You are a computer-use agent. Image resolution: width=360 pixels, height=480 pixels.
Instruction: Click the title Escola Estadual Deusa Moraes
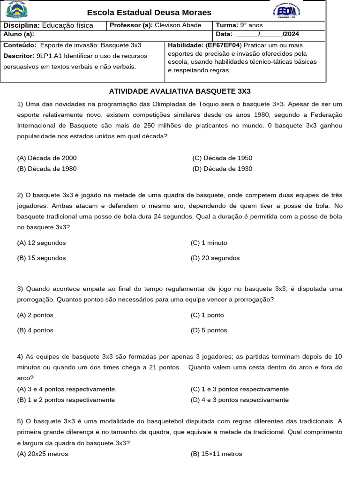coord(149,13)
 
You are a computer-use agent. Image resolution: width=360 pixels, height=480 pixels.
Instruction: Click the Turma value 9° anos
coord(252,25)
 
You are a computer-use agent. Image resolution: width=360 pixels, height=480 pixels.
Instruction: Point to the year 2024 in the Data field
coord(291,34)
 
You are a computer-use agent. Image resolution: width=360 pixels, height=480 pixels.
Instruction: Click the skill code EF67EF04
coord(223,45)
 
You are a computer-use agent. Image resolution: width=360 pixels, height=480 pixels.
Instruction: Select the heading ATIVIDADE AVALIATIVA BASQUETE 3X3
coord(180,91)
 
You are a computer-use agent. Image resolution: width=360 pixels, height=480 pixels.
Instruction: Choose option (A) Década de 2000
coord(47,158)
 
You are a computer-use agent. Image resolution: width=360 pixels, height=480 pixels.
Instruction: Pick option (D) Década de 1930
coord(222,169)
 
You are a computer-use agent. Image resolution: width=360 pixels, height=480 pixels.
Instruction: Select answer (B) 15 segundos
coord(41,258)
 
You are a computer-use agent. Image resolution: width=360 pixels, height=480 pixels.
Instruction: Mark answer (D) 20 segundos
coord(215,258)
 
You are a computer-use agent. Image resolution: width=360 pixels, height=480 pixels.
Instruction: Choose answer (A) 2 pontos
coord(35,315)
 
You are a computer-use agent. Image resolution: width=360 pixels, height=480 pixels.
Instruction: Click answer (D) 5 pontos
coord(209,330)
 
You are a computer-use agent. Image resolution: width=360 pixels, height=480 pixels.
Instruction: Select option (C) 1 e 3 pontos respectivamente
coord(240,389)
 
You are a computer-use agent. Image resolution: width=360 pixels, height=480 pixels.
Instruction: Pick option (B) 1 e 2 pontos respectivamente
coord(66,400)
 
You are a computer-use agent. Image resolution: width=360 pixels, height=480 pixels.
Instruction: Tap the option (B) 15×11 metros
coord(217,454)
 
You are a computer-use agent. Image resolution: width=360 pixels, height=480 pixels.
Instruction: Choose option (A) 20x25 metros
coord(43,454)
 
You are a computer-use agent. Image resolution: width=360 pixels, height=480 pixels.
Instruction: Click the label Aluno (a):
coord(19,34)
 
